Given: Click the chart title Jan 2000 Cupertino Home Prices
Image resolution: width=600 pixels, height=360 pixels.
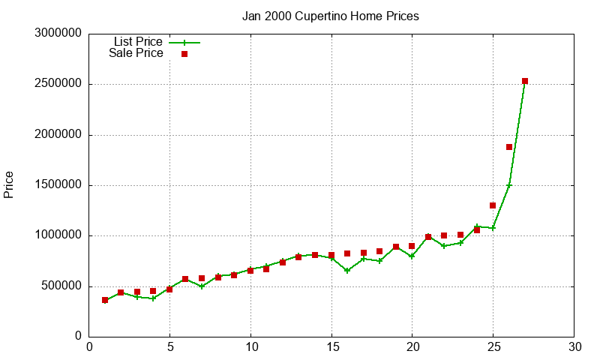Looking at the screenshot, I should [x=330, y=16].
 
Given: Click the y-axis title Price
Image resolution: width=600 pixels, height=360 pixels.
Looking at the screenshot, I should [x=9, y=184].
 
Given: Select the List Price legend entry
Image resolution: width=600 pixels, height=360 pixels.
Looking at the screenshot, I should [x=137, y=42].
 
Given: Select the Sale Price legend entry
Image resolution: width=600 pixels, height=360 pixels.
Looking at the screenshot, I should [x=136, y=53].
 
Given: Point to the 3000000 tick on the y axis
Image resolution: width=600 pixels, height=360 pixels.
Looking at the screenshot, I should [x=58, y=34].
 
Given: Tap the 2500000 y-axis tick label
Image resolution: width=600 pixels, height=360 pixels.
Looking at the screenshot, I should [x=58, y=84].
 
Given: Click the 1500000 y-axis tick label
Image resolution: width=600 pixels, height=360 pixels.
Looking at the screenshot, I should [x=58, y=185].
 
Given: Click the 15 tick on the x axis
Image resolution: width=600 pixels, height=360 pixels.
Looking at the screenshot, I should [x=331, y=346].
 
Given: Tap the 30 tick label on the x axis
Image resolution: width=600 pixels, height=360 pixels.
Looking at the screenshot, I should [x=574, y=346].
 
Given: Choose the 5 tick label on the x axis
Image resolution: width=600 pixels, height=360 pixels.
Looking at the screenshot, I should [x=170, y=346].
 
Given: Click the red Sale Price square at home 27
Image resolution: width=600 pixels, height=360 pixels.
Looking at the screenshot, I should [x=525, y=81].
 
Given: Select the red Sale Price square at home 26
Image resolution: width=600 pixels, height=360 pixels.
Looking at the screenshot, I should [x=509, y=147].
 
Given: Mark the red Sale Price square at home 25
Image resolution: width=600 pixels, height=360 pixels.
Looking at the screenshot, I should [x=493, y=205].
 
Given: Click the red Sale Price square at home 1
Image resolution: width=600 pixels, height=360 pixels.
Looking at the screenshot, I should [x=105, y=300].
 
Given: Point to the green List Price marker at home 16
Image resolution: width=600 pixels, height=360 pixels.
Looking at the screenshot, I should [x=347, y=271].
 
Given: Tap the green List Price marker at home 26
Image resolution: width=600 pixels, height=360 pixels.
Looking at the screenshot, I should [x=509, y=185].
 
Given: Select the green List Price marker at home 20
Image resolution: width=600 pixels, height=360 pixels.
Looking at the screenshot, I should [x=412, y=256].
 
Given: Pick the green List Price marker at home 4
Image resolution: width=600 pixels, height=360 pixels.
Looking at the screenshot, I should [x=153, y=298].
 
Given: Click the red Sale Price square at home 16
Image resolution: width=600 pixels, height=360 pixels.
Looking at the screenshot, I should [x=347, y=253].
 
